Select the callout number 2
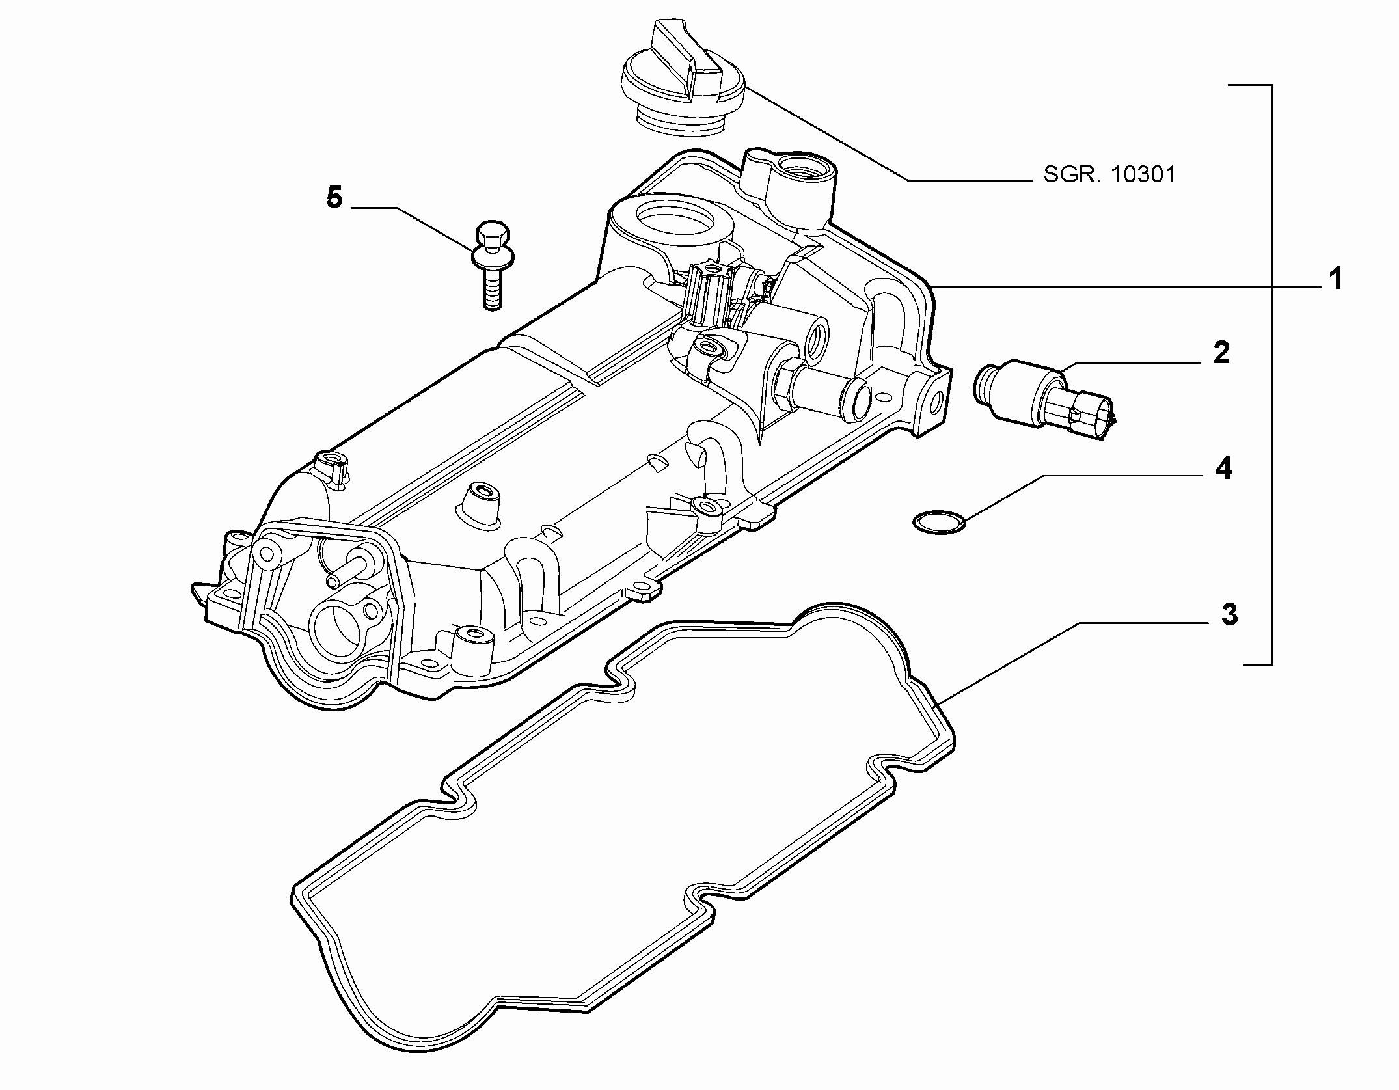pos(1221,353)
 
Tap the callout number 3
pos(1229,615)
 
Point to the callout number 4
pos(1223,469)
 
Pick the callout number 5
pos(334,198)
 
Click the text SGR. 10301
pos(1110,175)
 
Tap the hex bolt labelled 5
pos(492,266)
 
